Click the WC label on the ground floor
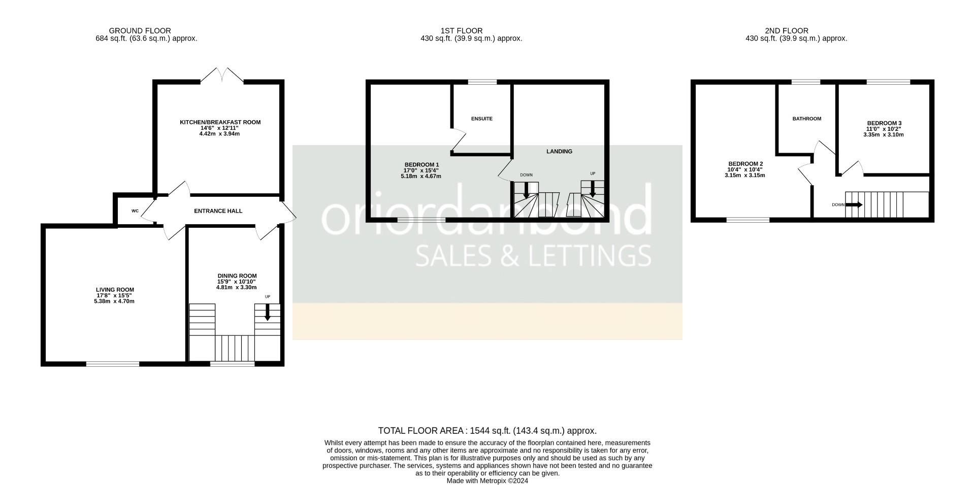(135, 211)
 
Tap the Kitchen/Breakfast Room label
(220, 122)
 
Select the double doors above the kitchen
(222, 76)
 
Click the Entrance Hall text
(218, 211)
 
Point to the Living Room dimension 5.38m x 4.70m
(111, 301)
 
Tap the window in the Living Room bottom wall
(113, 363)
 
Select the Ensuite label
(481, 119)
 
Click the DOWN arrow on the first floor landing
(526, 189)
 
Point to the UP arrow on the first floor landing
(593, 189)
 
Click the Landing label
(559, 152)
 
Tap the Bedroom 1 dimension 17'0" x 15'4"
(421, 170)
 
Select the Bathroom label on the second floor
(806, 119)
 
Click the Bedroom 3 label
(884, 123)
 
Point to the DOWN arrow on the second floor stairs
(854, 205)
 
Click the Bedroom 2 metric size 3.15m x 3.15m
(744, 176)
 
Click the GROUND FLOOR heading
(140, 31)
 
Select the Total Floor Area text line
(487, 431)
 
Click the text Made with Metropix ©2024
(487, 480)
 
